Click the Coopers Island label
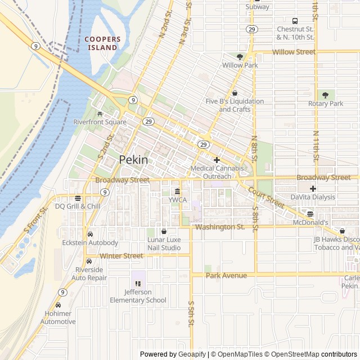tap(102, 43)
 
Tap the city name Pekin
tap(134, 160)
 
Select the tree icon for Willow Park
tap(240, 57)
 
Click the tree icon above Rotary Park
tap(325, 95)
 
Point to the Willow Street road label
tap(294, 52)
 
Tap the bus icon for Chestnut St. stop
tap(295, 20)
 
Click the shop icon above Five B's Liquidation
tap(235, 93)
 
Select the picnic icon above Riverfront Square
tap(100, 113)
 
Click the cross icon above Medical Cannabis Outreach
tap(217, 160)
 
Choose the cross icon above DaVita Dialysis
tap(313, 188)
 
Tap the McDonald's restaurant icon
tap(310, 214)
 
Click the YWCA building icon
tap(177, 191)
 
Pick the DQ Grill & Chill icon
tap(78, 197)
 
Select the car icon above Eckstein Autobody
tap(90, 234)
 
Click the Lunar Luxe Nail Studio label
tap(164, 244)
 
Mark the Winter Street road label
tap(121, 256)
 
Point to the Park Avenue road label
tap(226, 275)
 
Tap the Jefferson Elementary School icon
tap(138, 283)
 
